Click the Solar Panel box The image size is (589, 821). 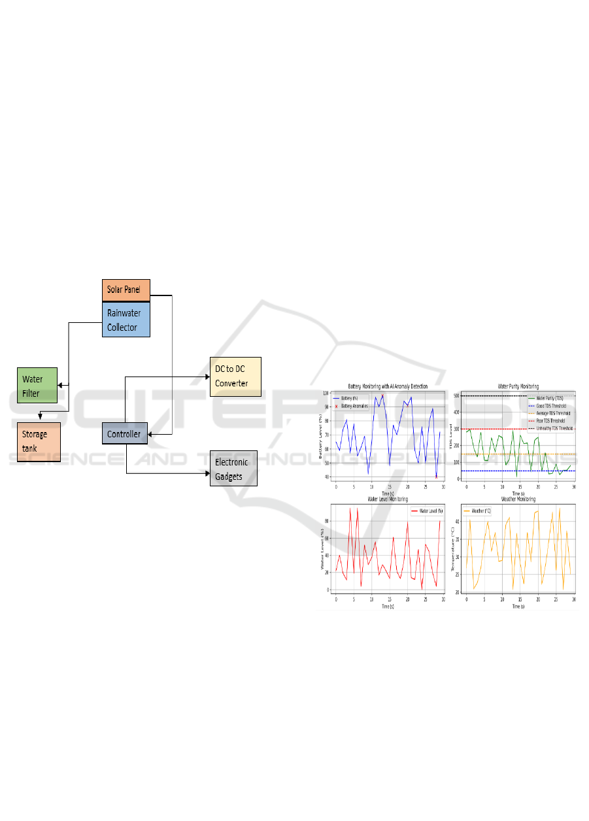(126, 290)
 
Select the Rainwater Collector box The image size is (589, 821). (126, 320)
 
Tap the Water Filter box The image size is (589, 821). (37, 386)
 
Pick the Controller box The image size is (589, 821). (126, 434)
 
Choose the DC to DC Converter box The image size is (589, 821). (235, 377)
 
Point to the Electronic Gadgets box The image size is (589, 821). (233, 468)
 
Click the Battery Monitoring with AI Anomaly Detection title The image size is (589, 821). (388, 386)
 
